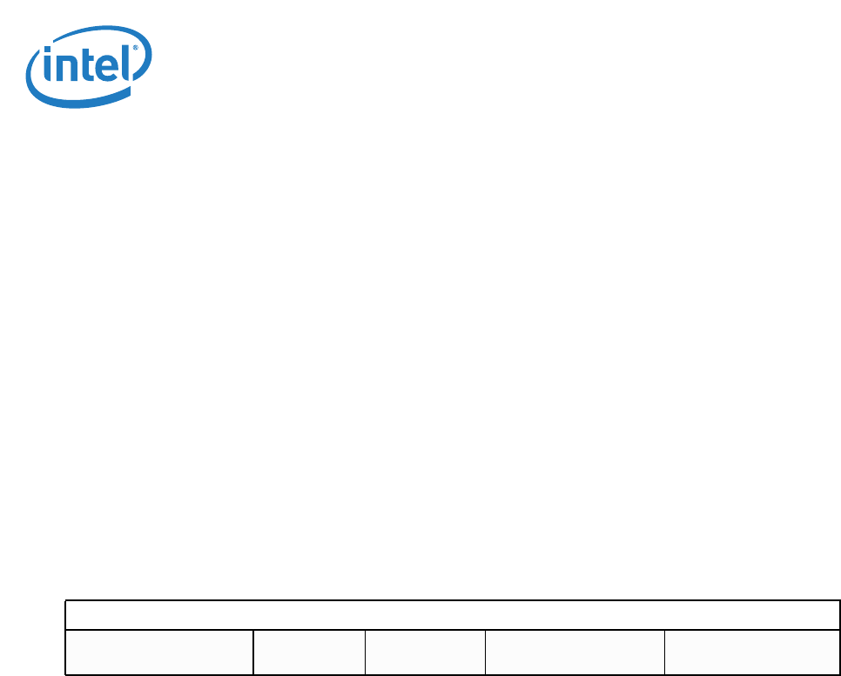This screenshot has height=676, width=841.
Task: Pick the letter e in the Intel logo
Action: click(107, 69)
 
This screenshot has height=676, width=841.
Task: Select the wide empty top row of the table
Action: click(453, 615)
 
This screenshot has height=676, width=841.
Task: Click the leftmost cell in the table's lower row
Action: click(160, 652)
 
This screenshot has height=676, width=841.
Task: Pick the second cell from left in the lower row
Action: click(309, 652)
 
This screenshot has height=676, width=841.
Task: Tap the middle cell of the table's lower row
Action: click(425, 652)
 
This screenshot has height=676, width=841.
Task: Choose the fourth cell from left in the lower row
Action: click(575, 652)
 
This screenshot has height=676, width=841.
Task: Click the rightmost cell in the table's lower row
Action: click(751, 652)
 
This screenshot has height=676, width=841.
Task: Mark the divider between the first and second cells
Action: click(253, 652)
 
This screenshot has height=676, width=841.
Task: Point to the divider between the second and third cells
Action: click(366, 652)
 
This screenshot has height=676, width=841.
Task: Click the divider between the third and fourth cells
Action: click(485, 652)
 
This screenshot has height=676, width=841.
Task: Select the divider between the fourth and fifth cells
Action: click(664, 652)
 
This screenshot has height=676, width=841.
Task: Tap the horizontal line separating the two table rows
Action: click(453, 630)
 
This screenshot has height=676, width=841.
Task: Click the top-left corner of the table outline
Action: click(67, 601)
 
